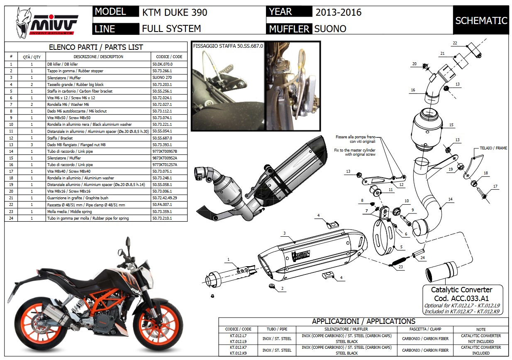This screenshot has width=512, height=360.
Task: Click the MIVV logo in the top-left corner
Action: [x=46, y=22]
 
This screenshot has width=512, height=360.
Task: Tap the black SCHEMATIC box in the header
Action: [x=481, y=20]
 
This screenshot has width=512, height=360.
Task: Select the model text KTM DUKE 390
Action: [x=174, y=12]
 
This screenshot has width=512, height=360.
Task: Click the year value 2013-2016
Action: [x=338, y=12]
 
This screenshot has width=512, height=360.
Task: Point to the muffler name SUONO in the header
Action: [x=330, y=29]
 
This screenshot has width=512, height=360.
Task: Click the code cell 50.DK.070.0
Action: [x=162, y=64]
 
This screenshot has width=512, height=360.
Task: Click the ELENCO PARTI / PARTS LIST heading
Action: [x=96, y=47]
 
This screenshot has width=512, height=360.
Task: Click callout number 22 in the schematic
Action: [x=455, y=43]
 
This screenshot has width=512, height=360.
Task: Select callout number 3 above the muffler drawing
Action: [x=285, y=233]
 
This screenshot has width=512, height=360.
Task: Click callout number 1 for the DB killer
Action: [x=228, y=260]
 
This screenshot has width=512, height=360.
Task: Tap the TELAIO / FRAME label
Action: [x=493, y=148]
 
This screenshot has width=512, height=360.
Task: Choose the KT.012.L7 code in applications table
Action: [x=238, y=336]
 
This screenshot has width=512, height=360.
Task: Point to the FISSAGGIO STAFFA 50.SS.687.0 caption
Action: [x=228, y=46]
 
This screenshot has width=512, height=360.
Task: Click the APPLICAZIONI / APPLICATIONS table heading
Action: [x=363, y=321]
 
